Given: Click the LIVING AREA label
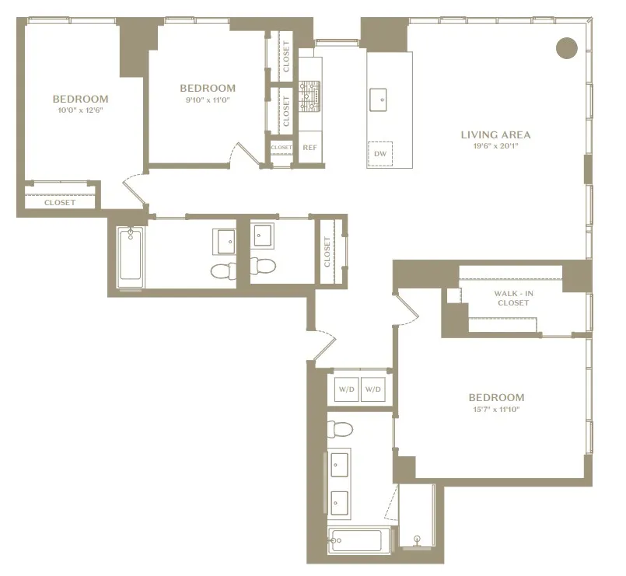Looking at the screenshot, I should coord(495,134).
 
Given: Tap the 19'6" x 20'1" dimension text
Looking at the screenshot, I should coord(495,146).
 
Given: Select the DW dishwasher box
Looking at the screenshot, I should coord(380,154).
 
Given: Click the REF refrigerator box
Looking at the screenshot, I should coord(310,148).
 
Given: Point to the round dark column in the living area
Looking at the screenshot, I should coord(567,48).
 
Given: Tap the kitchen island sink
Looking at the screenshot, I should coord(380,97).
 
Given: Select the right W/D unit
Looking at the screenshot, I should coord(374,389).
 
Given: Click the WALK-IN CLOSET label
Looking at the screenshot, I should coord(512,298).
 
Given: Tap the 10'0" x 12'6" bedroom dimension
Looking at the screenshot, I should coord(80,110).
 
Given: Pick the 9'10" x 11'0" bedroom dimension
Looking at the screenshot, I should coord(207,99).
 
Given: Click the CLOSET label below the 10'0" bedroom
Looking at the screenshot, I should coord(60,202).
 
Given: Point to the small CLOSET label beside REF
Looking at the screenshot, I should coord(282,148).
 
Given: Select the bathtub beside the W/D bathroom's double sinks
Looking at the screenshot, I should coord(355,540).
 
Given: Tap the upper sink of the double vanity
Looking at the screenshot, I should coord(340,465).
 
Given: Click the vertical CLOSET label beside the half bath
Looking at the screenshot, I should coord(327,253).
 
